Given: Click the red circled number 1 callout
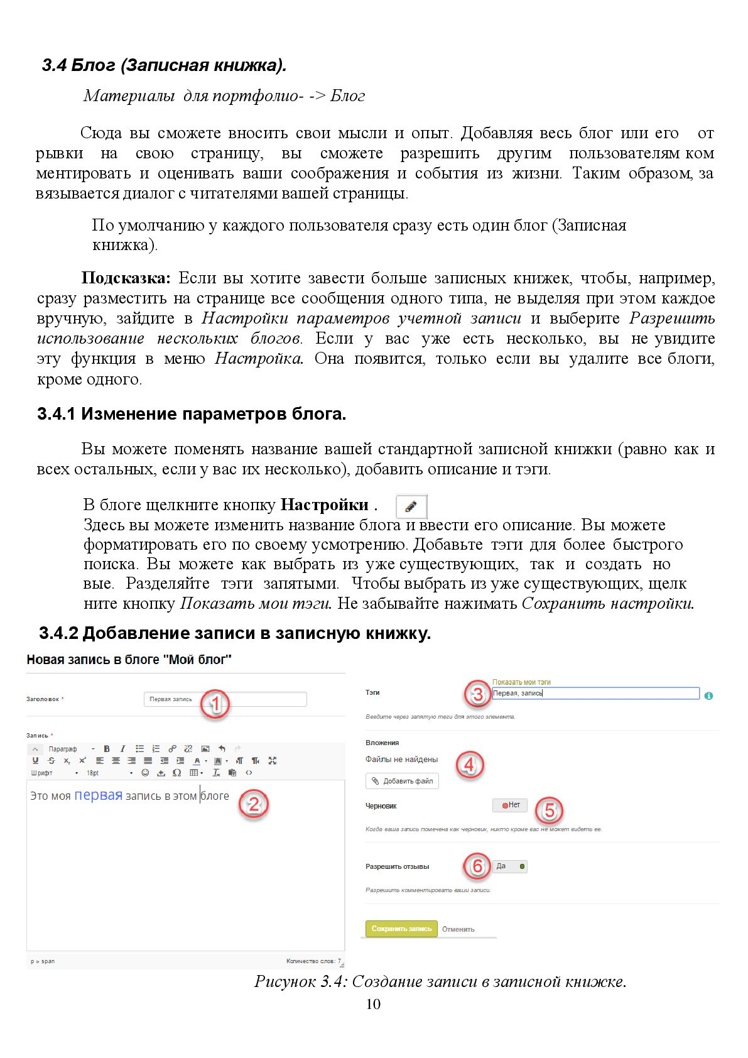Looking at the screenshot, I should click(x=215, y=704).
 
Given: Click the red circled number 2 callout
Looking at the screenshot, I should click(x=253, y=804).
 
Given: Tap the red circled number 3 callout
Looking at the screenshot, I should click(x=478, y=694).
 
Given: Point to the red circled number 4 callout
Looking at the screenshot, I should click(x=469, y=765).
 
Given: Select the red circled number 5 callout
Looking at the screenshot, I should click(x=549, y=810).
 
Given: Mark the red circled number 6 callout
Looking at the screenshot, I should click(x=477, y=866).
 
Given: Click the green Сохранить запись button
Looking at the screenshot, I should click(x=401, y=929).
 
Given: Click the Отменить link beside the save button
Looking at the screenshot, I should click(x=458, y=929).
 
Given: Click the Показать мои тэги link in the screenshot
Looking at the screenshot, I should click(x=521, y=682).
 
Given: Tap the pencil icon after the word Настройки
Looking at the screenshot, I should click(x=411, y=506).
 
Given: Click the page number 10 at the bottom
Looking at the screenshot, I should click(x=373, y=1004).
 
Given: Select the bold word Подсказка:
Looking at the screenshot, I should click(x=126, y=278).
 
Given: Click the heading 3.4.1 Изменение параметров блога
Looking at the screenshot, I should click(x=192, y=414).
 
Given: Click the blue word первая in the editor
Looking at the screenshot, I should click(x=98, y=795).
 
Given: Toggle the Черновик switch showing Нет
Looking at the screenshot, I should click(x=510, y=805).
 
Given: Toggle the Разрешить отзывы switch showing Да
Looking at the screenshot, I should click(x=510, y=866).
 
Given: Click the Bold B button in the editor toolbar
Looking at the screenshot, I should click(x=107, y=748).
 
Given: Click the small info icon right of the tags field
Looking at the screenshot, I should click(x=708, y=695).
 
